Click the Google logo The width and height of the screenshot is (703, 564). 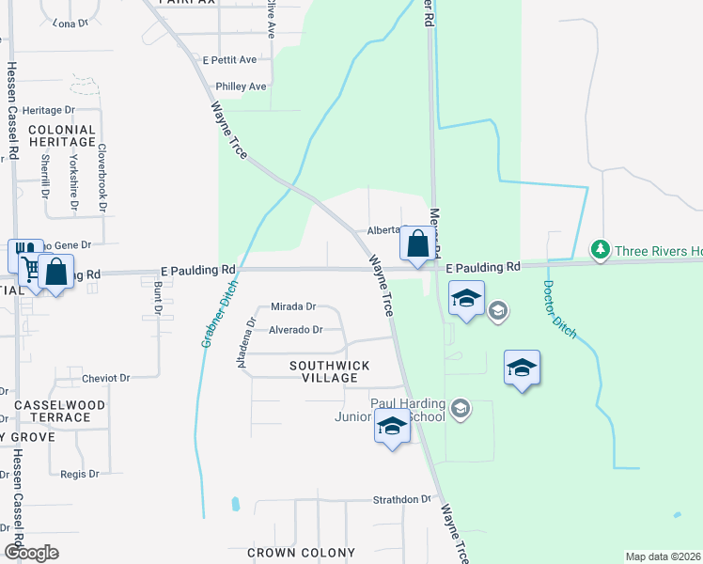31,553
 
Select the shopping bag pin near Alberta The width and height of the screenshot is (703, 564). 418,243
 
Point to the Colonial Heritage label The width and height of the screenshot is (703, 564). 62,136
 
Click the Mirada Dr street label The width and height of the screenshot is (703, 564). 292,306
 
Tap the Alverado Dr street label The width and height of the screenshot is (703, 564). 295,330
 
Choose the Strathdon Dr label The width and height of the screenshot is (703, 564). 401,500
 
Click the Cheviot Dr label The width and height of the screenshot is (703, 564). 105,378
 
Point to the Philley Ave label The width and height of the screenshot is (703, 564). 241,86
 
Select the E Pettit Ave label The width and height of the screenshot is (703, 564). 229,59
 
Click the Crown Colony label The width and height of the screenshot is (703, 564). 301,553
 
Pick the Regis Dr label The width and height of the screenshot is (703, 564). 80,474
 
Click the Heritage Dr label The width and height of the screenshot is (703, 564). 48,110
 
